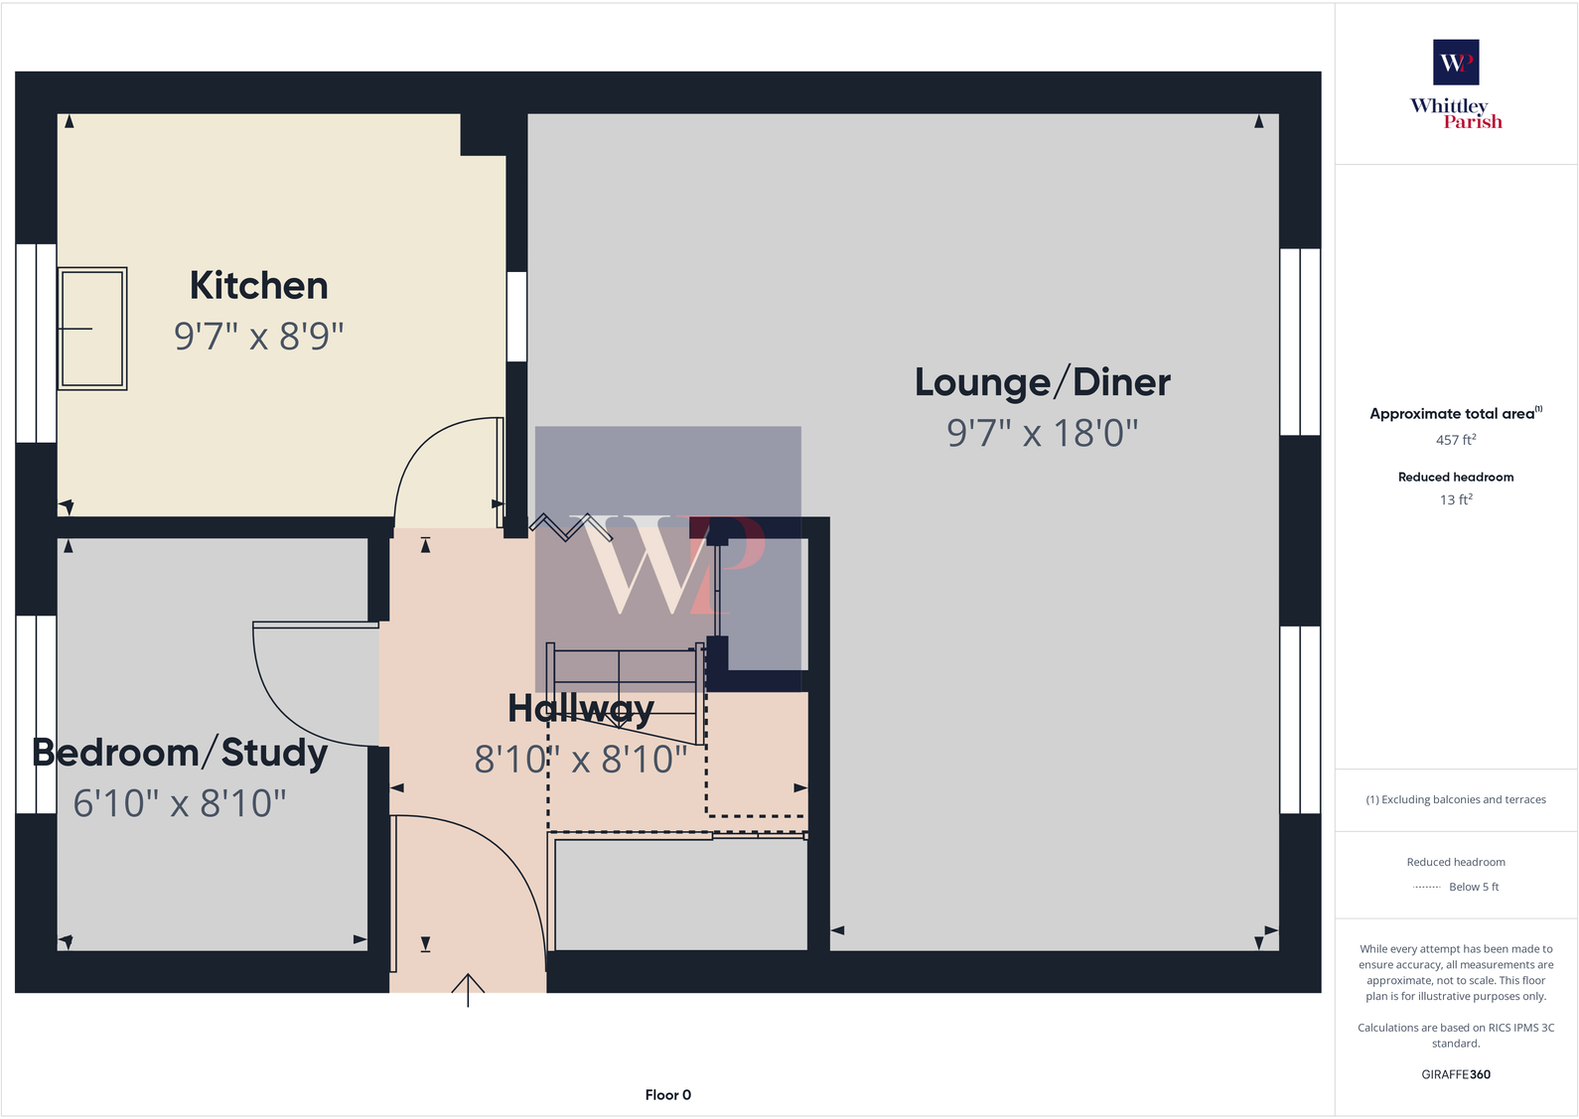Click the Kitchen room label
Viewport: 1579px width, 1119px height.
click(258, 286)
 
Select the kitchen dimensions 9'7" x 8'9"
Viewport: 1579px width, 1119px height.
click(258, 337)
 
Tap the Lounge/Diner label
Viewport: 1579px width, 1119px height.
click(1042, 382)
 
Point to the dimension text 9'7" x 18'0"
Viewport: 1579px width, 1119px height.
click(1042, 433)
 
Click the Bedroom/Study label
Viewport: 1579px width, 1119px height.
click(180, 753)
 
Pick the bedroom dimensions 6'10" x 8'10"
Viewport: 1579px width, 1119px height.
click(180, 803)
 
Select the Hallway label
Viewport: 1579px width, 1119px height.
click(580, 709)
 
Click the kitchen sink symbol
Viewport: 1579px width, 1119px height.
click(92, 329)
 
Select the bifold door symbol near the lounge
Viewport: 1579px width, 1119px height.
click(570, 526)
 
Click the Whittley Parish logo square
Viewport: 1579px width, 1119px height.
click(1455, 63)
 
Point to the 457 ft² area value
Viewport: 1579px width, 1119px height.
click(1455, 440)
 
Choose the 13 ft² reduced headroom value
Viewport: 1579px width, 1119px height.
click(1455, 499)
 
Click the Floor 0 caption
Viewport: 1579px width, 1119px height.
click(667, 1095)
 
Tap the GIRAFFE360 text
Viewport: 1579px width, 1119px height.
click(1455, 1074)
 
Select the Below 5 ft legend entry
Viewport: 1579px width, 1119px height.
click(1473, 887)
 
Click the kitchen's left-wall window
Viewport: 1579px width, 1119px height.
click(36, 343)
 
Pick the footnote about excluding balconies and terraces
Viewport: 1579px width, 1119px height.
click(1455, 799)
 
